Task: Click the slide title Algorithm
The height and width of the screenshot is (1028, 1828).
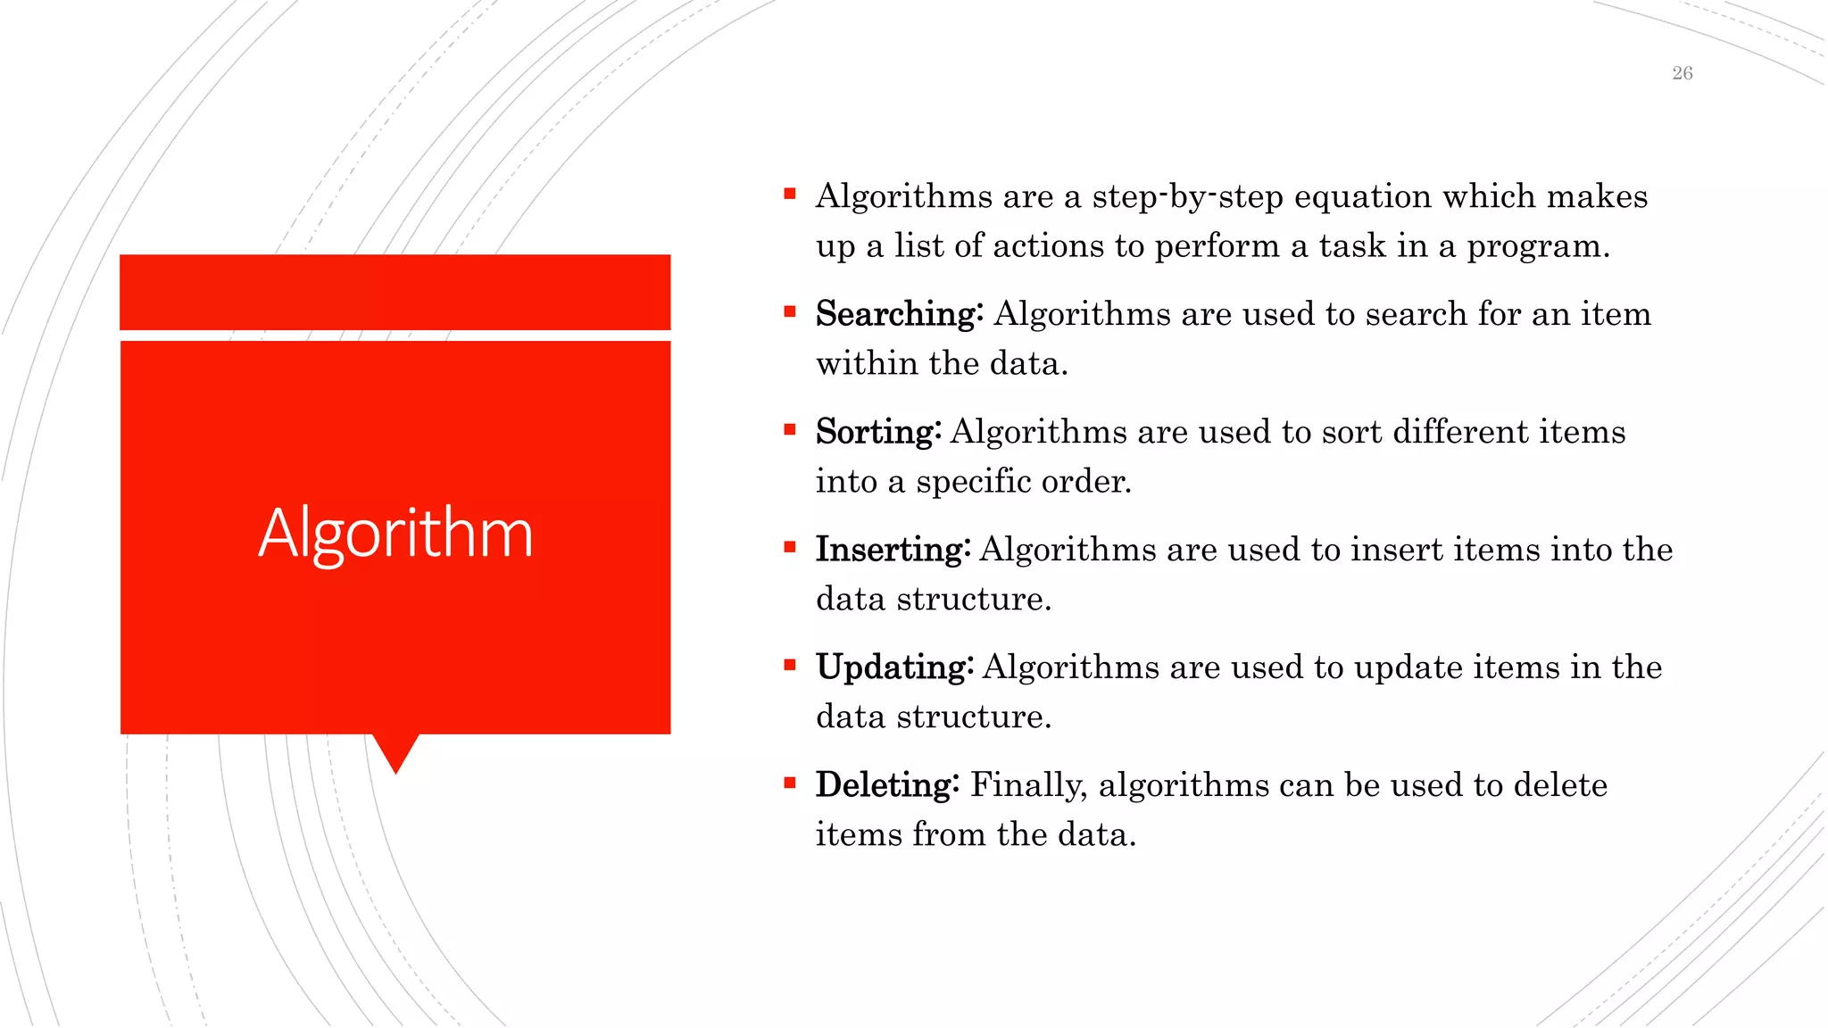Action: (x=395, y=534)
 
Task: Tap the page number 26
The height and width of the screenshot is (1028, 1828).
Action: (x=1682, y=73)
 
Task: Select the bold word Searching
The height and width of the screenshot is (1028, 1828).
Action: (x=898, y=314)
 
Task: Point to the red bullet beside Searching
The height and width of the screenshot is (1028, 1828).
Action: (x=789, y=311)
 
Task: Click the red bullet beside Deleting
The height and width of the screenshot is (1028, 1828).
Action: (x=789, y=783)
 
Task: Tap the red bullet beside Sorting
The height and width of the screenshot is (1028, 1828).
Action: (x=789, y=429)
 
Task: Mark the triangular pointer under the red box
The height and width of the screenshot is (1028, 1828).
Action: (x=395, y=751)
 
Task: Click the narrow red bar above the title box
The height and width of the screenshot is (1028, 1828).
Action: (x=395, y=292)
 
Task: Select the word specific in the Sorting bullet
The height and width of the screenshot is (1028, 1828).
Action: (x=972, y=482)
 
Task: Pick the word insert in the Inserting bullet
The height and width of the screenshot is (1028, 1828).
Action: (x=1396, y=550)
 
